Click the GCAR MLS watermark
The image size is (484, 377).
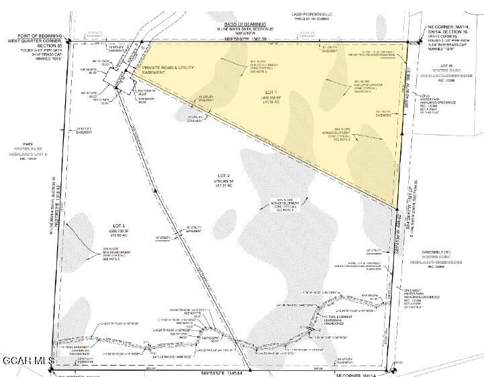(x=27, y=361)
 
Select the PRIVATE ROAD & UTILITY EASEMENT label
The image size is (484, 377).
(x=168, y=70)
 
